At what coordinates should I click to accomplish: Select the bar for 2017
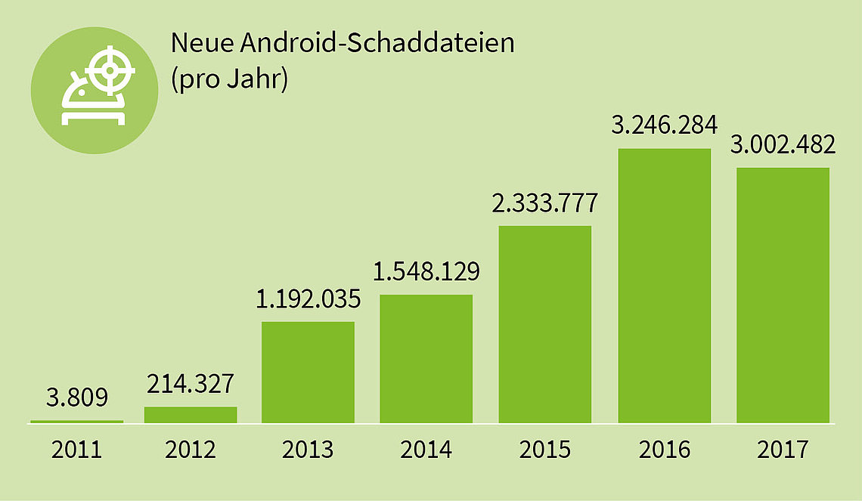click(x=783, y=295)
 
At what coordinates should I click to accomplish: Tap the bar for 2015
click(x=545, y=324)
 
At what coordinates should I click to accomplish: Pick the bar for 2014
click(x=426, y=358)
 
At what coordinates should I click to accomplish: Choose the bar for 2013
click(x=308, y=372)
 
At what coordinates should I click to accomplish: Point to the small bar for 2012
click(x=191, y=415)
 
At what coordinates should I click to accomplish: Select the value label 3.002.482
click(x=783, y=144)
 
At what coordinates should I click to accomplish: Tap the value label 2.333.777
click(x=545, y=203)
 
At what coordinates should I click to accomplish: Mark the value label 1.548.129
click(x=426, y=271)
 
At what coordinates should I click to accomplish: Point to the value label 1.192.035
click(x=308, y=299)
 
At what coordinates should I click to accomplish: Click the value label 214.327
click(x=191, y=384)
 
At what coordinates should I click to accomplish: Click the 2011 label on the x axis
click(x=76, y=450)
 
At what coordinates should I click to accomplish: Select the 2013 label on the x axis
click(x=308, y=450)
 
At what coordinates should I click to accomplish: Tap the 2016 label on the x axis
click(x=664, y=450)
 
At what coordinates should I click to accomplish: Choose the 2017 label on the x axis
click(x=783, y=450)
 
